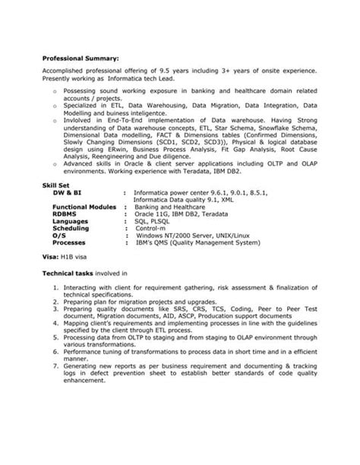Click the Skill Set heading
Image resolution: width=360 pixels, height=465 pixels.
[x=55, y=186]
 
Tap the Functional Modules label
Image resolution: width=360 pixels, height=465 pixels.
[x=84, y=206]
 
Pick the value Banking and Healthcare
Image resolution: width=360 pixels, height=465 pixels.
[x=172, y=206]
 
